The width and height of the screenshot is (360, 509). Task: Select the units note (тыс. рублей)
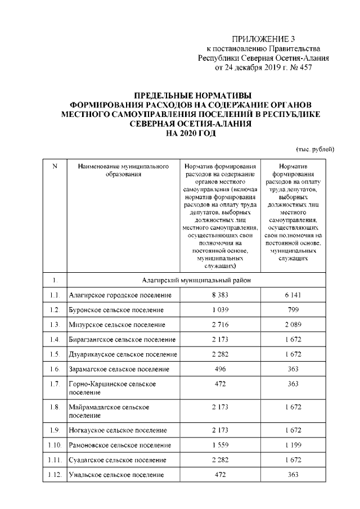coord(315,149)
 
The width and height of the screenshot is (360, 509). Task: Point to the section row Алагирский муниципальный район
coord(196,280)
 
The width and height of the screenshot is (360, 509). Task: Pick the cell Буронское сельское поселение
coord(116,310)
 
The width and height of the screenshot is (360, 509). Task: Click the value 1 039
coord(219,310)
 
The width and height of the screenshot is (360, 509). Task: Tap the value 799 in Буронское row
coord(292,310)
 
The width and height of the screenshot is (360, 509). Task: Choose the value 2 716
coord(219,325)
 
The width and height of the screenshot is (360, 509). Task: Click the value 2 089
coord(292,325)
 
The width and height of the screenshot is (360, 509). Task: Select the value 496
coord(219,369)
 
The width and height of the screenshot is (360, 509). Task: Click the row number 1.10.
coord(55,445)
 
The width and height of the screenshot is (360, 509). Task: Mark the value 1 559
coord(219,445)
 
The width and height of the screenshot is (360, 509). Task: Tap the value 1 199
coord(292,445)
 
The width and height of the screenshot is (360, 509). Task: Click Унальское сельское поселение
coord(116,475)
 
